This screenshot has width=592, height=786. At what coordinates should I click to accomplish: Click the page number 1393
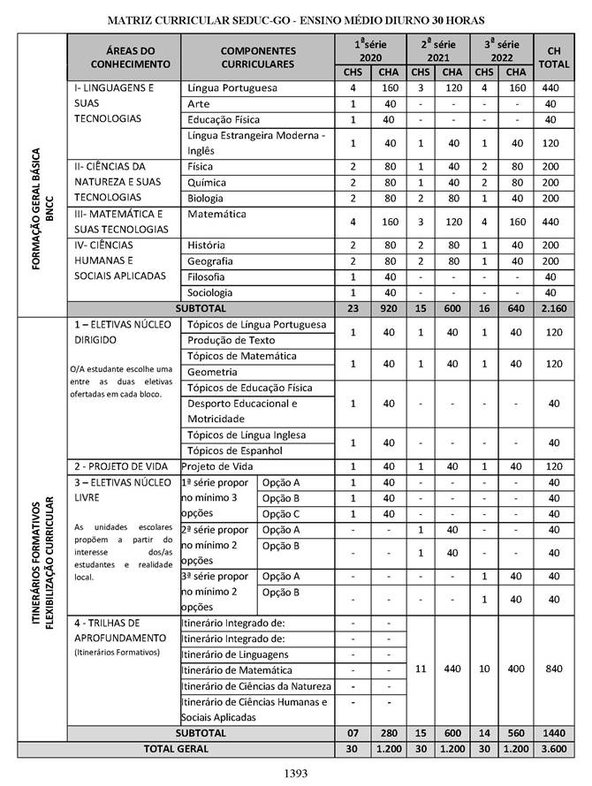click(295, 774)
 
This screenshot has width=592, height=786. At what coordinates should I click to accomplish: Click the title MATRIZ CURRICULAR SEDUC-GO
click(295, 19)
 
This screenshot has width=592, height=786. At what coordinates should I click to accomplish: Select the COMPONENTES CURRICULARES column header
click(258, 58)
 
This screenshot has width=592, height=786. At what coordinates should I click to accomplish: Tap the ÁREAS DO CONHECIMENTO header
click(125, 58)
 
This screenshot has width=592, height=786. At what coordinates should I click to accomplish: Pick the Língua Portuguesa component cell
click(232, 89)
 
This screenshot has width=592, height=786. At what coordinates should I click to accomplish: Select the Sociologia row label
click(211, 291)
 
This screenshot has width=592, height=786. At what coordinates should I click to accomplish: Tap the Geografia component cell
click(211, 261)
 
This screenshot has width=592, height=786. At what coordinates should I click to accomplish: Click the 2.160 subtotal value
click(552, 308)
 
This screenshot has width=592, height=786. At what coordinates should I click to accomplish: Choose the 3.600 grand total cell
click(552, 749)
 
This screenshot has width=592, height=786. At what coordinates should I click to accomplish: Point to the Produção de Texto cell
click(231, 340)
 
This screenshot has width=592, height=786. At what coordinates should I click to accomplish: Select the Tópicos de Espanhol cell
click(235, 450)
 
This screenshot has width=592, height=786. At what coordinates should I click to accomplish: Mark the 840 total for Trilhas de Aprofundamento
click(552, 669)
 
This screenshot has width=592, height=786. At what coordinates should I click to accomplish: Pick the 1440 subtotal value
click(552, 733)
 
